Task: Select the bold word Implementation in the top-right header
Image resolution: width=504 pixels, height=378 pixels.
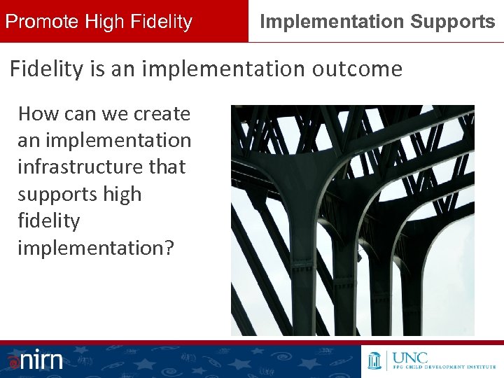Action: [332, 22]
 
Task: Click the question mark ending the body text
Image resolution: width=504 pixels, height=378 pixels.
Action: [167, 248]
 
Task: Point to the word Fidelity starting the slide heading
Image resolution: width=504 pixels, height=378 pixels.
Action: [43, 69]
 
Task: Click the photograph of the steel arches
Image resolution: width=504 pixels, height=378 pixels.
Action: [352, 220]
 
